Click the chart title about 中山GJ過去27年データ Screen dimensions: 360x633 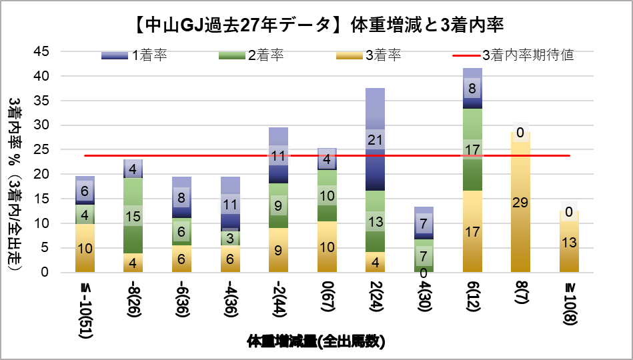coord(316,25)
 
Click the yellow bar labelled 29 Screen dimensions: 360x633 coord(520,202)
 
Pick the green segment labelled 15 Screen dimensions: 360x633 coord(133,216)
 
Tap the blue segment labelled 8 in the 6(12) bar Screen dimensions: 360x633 coord(472,88)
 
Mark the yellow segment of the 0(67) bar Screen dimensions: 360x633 coord(326,247)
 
